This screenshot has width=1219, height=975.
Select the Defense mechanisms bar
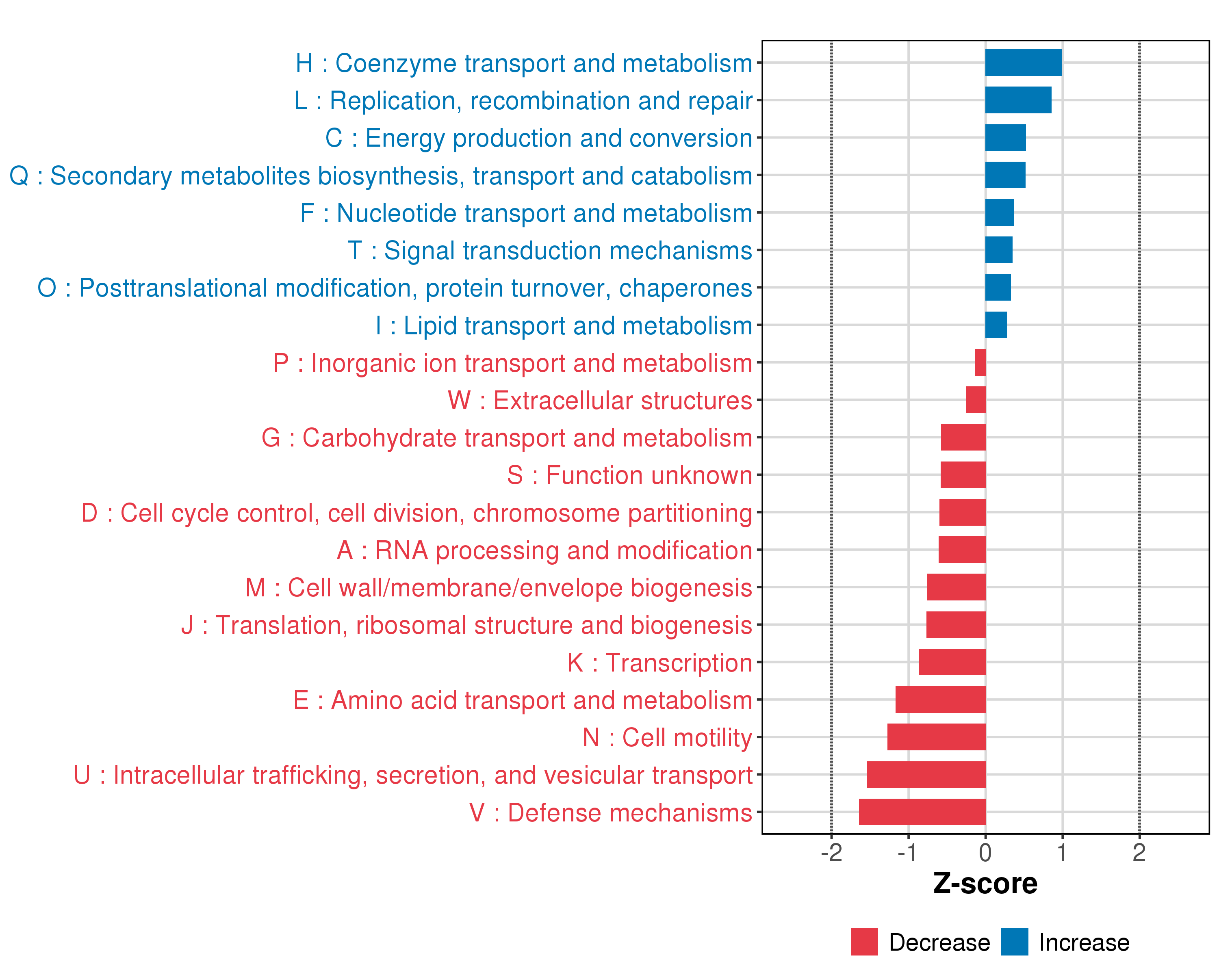click(x=922, y=812)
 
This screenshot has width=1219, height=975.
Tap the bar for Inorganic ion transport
click(x=980, y=362)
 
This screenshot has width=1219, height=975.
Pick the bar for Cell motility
click(x=936, y=737)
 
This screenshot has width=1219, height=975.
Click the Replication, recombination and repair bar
click(x=1018, y=100)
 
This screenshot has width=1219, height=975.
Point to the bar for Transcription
click(x=952, y=662)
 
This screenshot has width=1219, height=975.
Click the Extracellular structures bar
click(x=975, y=400)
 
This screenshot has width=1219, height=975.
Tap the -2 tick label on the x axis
click(x=831, y=852)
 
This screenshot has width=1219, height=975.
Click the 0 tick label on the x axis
click(x=985, y=852)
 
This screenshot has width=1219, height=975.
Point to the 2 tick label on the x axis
click(x=1139, y=852)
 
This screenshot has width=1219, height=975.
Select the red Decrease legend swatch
click(x=864, y=942)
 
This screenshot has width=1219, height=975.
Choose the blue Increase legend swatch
click(x=1014, y=942)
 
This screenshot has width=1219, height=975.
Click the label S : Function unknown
click(x=629, y=475)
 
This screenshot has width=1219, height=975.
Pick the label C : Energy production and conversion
click(x=538, y=138)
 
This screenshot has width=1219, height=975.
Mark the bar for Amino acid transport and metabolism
click(x=940, y=700)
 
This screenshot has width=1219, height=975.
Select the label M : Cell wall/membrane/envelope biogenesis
click(x=499, y=588)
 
